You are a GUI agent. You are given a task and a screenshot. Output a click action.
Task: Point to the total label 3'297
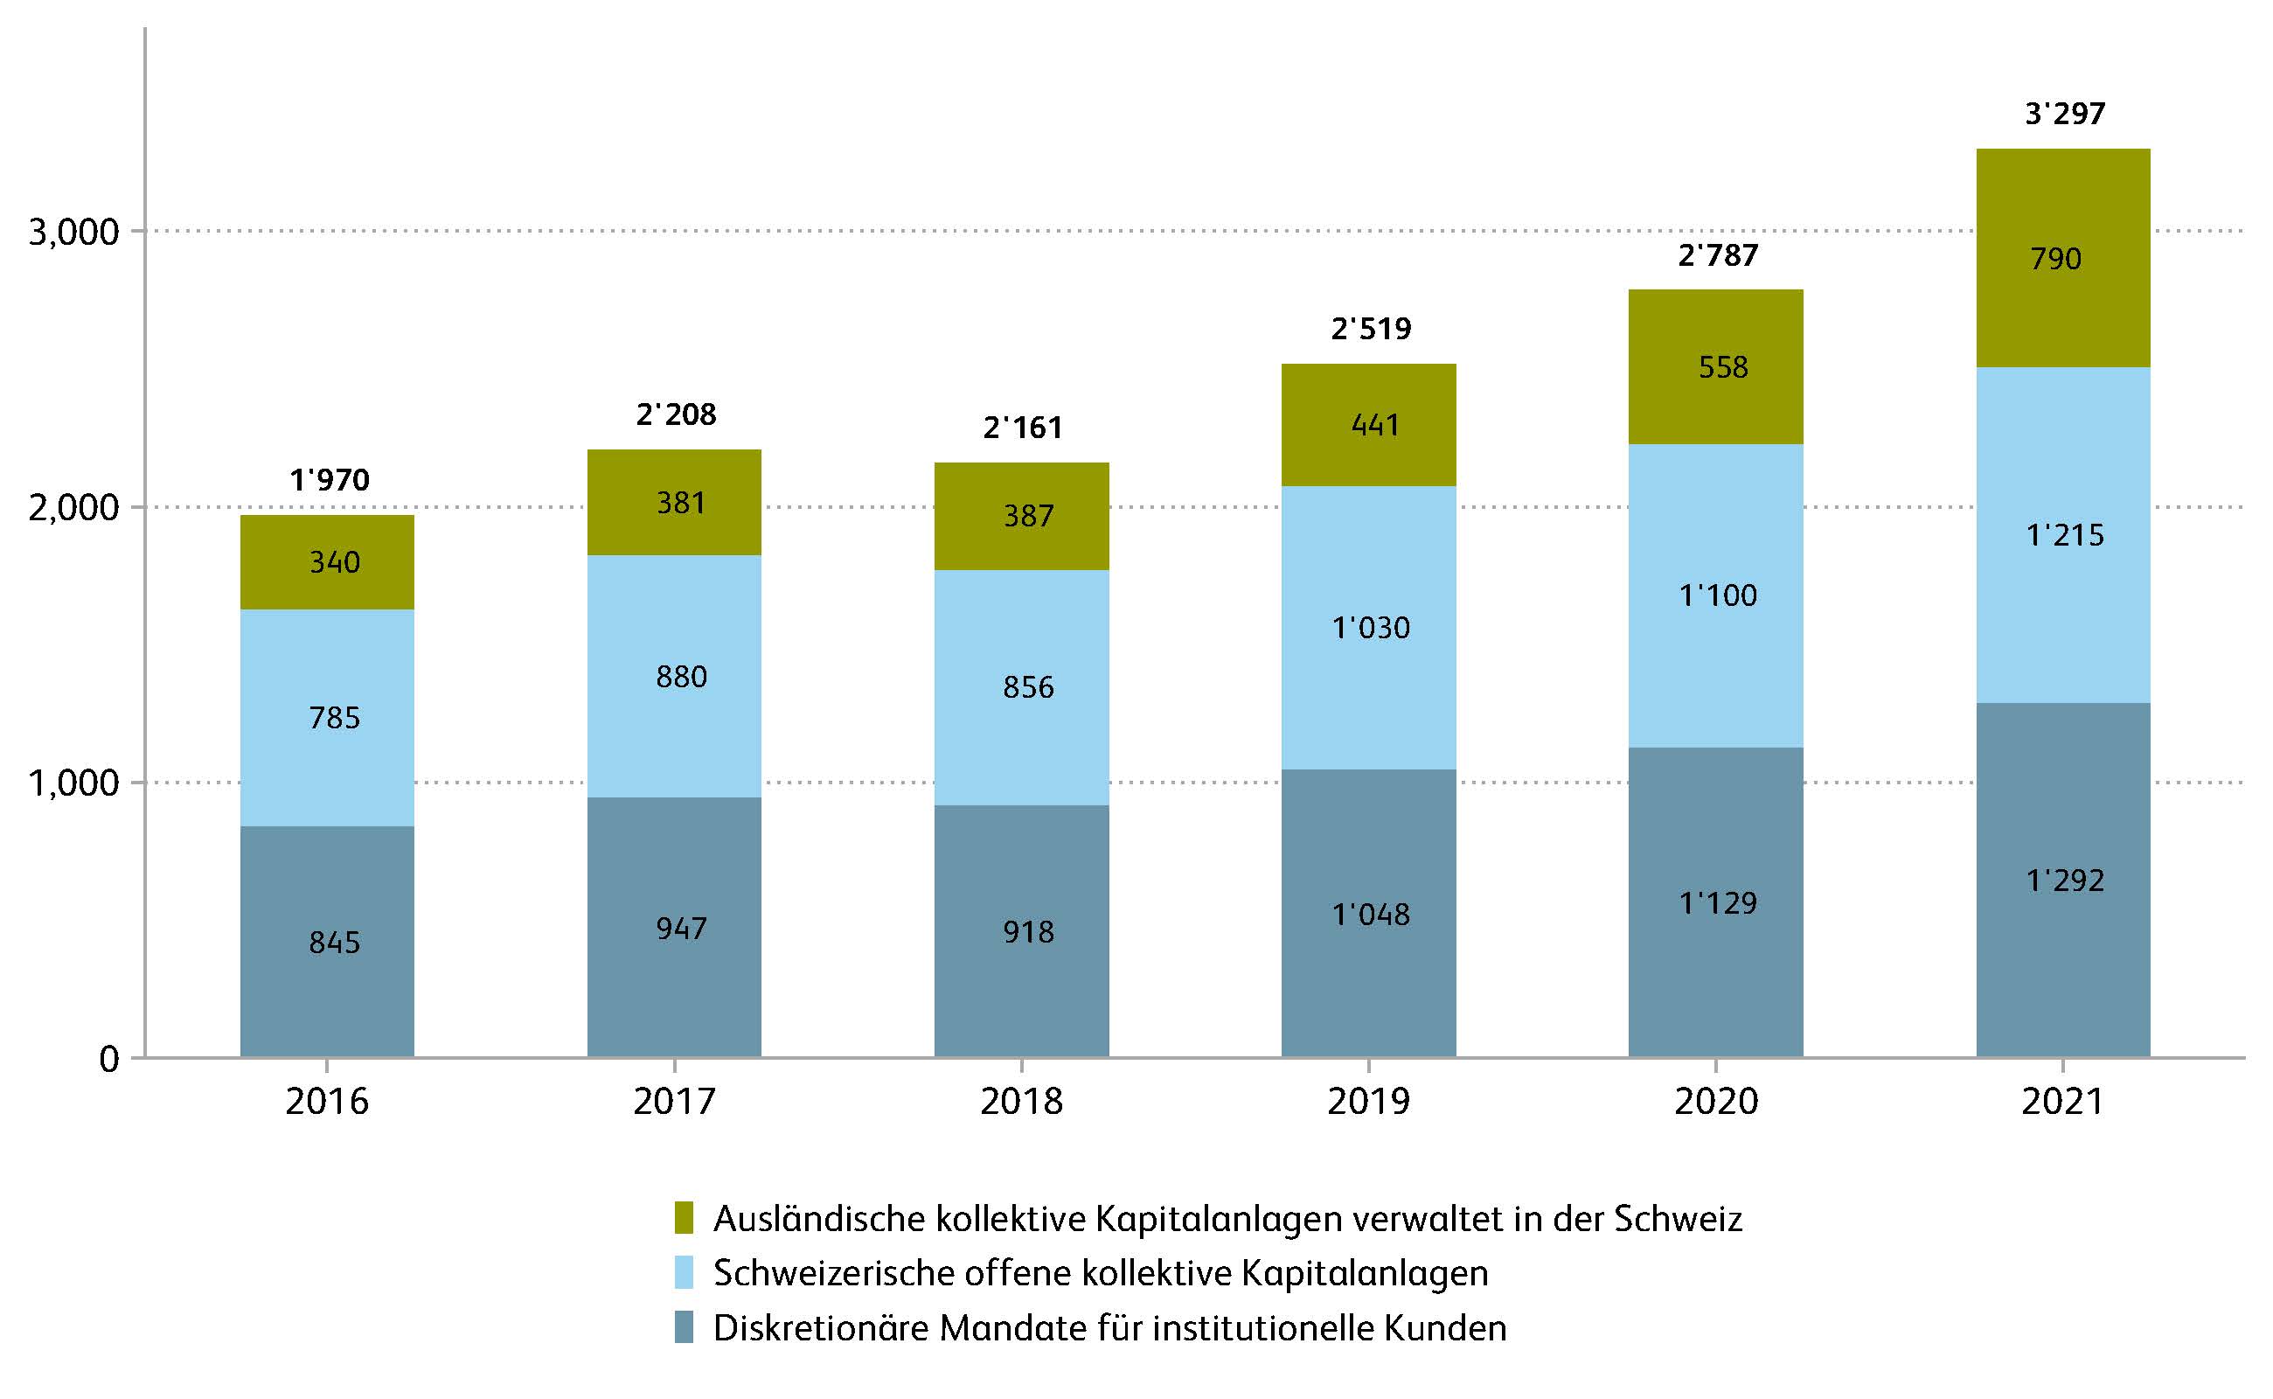[x=2064, y=114]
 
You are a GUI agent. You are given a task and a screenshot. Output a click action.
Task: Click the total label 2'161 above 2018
[x=1022, y=428]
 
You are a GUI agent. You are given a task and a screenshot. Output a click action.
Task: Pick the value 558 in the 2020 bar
[x=1722, y=367]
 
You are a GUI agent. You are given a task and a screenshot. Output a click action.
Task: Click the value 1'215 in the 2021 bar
[x=2064, y=535]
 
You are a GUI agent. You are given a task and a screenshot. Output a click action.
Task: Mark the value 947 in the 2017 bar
[x=681, y=928]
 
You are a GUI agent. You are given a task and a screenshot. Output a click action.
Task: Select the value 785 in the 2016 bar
[x=334, y=717]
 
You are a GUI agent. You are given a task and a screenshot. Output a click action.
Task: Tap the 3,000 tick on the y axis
[x=74, y=232]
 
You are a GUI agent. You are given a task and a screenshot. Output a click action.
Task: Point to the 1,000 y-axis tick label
[x=74, y=783]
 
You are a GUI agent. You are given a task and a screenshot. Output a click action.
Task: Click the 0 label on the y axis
[x=109, y=1059]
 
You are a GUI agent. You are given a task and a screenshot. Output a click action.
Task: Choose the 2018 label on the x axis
[x=1021, y=1101]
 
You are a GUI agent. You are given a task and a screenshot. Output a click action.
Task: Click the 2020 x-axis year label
[x=1716, y=1101]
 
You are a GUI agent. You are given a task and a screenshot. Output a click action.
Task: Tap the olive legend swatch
[x=684, y=1218]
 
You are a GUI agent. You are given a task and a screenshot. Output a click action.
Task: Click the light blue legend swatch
[x=684, y=1272]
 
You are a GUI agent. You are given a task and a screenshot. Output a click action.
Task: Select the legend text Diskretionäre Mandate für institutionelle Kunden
[x=1109, y=1328]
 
